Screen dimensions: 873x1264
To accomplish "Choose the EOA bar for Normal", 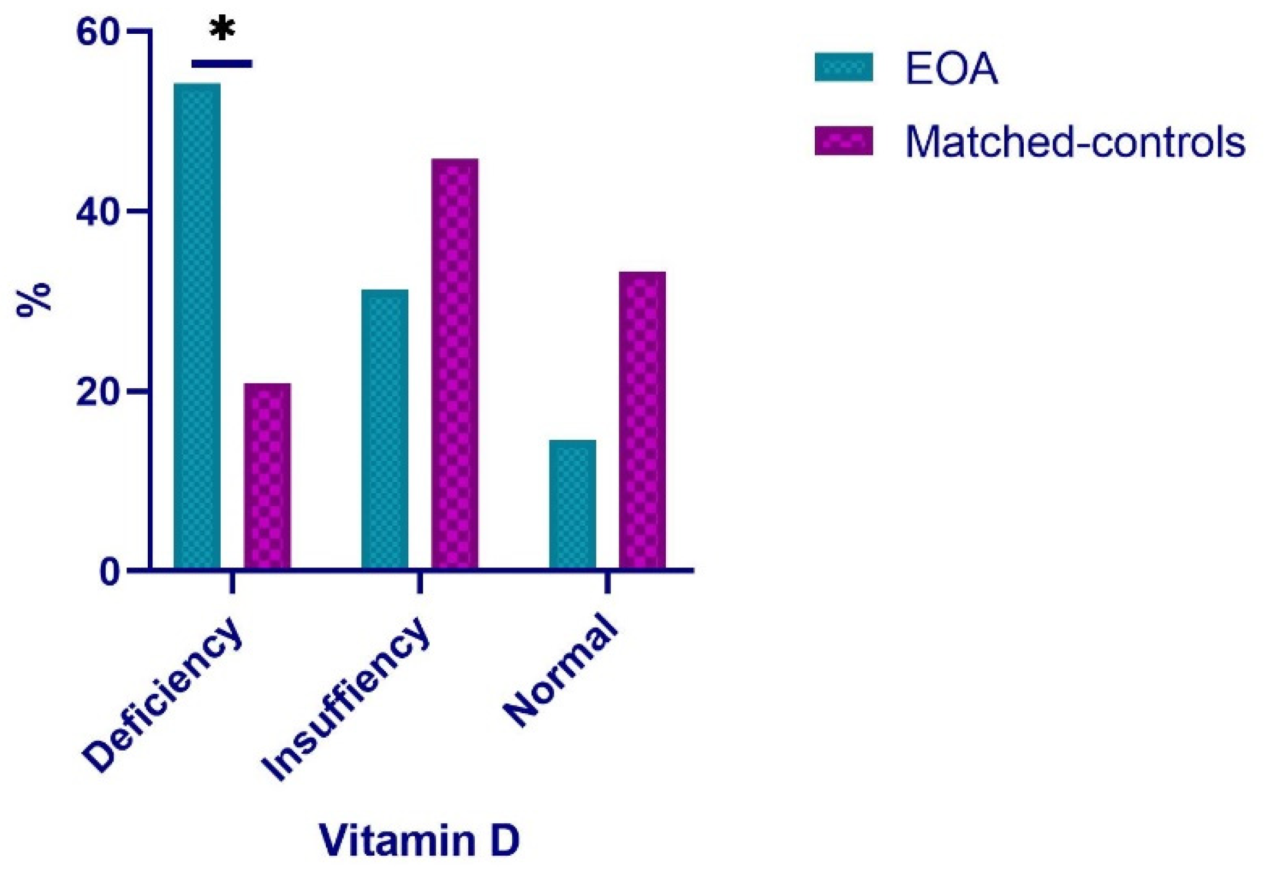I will [572, 504].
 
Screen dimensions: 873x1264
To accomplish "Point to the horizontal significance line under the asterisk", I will [222, 64].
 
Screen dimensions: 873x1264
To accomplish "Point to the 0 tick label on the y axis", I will [110, 572].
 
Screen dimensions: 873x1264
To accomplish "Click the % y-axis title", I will [34, 300].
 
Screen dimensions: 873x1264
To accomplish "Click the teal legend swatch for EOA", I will [843, 67].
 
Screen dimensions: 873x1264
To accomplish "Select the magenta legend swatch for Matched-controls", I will [843, 141].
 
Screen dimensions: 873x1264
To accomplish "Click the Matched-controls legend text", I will [1075, 142].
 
